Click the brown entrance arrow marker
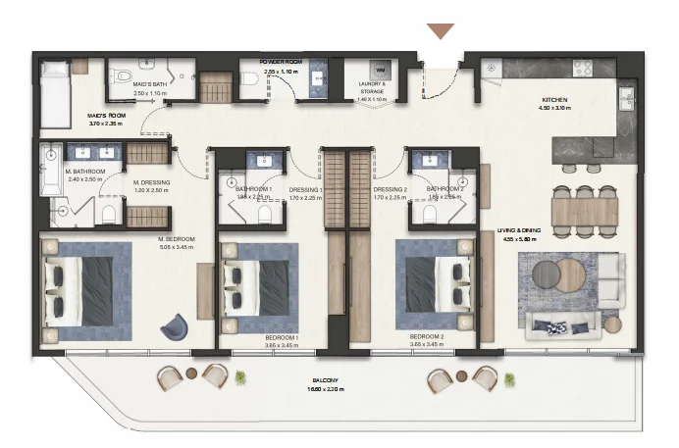click(x=441, y=31)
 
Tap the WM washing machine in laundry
click(x=380, y=72)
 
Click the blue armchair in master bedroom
click(x=178, y=325)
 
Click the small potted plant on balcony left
click(x=240, y=376)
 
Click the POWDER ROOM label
click(x=284, y=62)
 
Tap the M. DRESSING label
click(x=152, y=182)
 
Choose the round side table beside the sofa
click(x=612, y=324)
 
